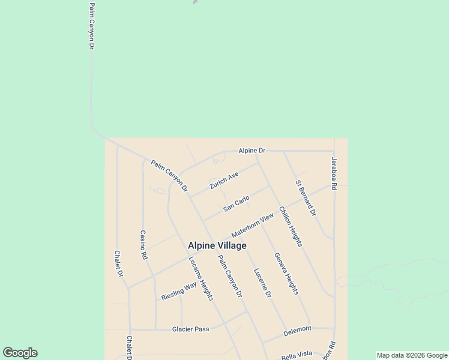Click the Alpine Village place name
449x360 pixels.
[x=217, y=245]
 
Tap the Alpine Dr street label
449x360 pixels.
[x=252, y=151]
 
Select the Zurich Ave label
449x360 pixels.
[x=224, y=181]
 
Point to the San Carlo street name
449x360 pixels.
[x=237, y=203]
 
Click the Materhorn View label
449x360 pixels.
[x=253, y=224]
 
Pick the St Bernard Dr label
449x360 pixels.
[x=306, y=197]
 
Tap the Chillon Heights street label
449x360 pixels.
[x=291, y=227]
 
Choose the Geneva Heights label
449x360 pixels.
[x=286, y=273]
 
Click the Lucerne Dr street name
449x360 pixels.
[x=263, y=283]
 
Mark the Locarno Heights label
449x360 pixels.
[x=200, y=278]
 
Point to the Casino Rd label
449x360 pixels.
[x=143, y=244]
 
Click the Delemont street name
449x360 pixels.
[x=298, y=329]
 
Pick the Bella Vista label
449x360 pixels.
[x=297, y=354]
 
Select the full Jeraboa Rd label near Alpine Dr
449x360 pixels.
[x=334, y=174]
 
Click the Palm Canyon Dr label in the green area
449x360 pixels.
[x=92, y=25]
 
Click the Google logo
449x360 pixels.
[x=20, y=353]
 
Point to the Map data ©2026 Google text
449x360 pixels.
[x=412, y=355]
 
